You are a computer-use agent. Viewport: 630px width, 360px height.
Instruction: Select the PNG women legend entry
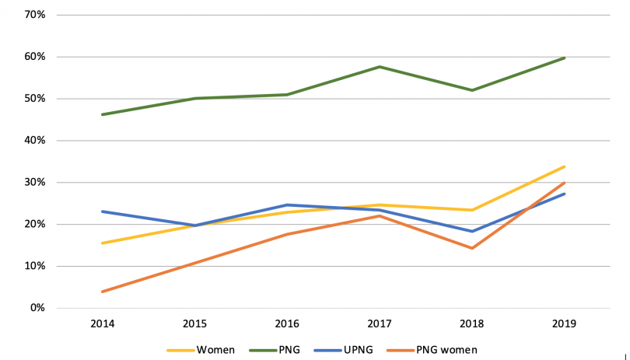pyautogui.click(x=446, y=350)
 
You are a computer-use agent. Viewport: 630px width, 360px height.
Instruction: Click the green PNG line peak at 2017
pyautogui.click(x=379, y=67)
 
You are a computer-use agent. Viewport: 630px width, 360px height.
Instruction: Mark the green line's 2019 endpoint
pyautogui.click(x=564, y=58)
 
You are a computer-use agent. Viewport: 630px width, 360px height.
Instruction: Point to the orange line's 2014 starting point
pyautogui.click(x=103, y=292)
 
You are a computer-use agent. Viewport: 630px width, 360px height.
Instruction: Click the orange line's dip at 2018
pyautogui.click(x=471, y=248)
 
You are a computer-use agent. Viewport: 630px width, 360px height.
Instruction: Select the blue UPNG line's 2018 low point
pyautogui.click(x=471, y=231)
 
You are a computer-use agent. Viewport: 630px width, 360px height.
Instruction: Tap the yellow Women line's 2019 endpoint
pyautogui.click(x=564, y=166)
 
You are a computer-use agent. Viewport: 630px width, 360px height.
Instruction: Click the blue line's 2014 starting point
pyautogui.click(x=103, y=211)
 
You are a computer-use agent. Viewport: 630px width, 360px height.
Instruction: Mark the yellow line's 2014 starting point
pyautogui.click(x=103, y=243)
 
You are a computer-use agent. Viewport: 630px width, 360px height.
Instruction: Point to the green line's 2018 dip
pyautogui.click(x=471, y=90)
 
